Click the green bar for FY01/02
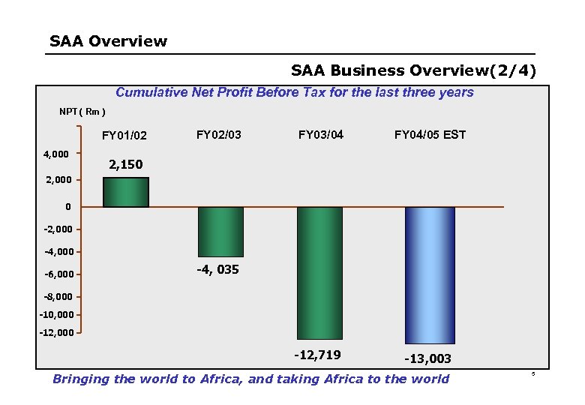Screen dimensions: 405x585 point(126,192)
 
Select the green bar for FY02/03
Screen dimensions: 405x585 point(220,232)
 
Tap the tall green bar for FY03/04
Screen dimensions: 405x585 point(319,273)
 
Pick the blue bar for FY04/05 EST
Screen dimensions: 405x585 point(430,275)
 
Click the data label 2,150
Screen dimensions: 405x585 point(126,164)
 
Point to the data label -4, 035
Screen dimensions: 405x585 point(217,269)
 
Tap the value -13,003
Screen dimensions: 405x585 point(427,359)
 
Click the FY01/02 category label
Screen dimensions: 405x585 point(124,136)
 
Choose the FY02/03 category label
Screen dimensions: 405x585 point(218,135)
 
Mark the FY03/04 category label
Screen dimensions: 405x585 point(321,135)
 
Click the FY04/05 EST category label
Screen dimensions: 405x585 point(430,135)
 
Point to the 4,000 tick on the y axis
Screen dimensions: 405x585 point(56,154)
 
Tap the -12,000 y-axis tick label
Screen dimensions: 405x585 point(56,331)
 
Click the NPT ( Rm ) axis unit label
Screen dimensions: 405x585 point(82,112)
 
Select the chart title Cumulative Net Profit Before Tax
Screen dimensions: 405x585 point(294,92)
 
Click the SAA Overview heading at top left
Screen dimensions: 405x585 point(108,41)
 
